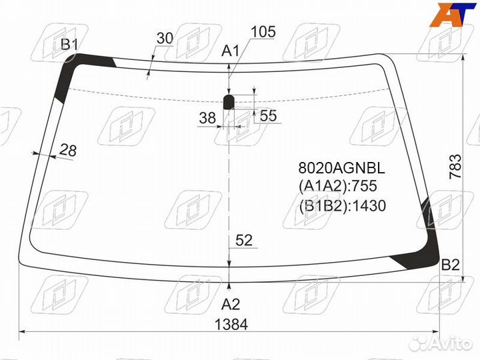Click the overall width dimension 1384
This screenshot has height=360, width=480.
(231, 324)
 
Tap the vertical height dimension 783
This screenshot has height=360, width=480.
(455, 167)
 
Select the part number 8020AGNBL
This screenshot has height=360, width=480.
(341, 168)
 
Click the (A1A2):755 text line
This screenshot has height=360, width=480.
(338, 186)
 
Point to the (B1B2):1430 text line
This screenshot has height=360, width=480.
(342, 206)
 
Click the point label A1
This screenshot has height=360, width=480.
(231, 51)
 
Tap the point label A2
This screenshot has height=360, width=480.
(231, 304)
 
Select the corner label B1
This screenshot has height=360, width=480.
(70, 45)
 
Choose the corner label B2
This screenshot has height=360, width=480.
(451, 265)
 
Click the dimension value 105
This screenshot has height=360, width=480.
(263, 32)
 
